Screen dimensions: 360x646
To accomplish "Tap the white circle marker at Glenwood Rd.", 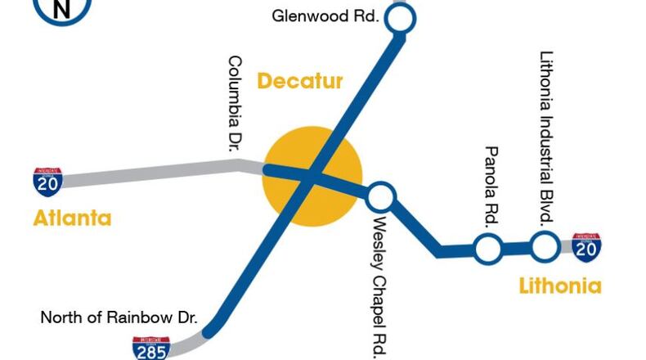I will [x=400, y=17].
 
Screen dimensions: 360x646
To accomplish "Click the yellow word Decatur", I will [x=299, y=81].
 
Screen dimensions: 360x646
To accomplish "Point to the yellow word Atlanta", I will [x=72, y=218].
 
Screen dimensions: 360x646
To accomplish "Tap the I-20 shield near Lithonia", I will [x=585, y=245].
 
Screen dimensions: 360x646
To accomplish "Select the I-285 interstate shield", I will [x=150, y=349].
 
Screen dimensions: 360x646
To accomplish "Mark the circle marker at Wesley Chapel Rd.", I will [x=379, y=197].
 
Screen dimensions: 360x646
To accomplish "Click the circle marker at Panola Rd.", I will [x=488, y=248].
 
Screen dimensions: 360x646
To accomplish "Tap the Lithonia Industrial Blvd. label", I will [x=547, y=138].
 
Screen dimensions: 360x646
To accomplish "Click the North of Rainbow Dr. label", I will [x=119, y=317].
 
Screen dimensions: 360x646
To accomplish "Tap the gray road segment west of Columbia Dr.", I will [x=147, y=173].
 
